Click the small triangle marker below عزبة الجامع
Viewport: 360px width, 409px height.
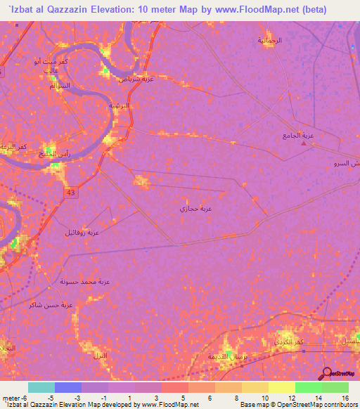pyautogui.click(x=304, y=144)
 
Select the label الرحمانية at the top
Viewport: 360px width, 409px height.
pyautogui.click(x=269, y=40)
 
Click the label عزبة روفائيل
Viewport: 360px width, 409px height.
pyautogui.click(x=82, y=232)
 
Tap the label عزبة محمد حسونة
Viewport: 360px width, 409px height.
pyautogui.click(x=84, y=281)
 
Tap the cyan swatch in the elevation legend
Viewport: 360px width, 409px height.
pyautogui.click(x=41, y=387)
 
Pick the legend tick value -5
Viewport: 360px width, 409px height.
pyautogui.click(x=49, y=397)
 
